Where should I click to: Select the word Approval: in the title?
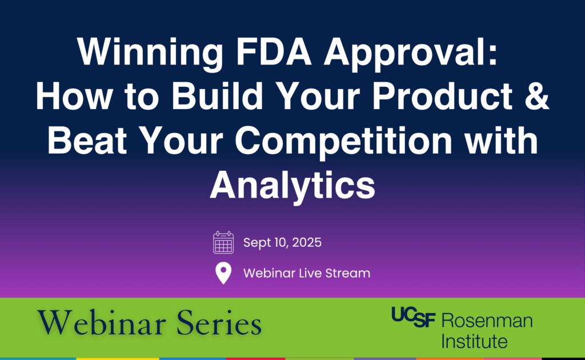410,53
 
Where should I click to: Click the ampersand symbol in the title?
537,95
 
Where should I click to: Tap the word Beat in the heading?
87,140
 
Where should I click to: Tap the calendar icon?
223,242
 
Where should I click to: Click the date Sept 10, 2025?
282,242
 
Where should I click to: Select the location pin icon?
223,273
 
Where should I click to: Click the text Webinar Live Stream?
307,273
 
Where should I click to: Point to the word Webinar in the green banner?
102,323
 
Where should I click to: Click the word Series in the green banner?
219,323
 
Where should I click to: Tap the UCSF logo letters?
414,317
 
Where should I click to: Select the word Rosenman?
487,321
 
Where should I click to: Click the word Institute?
474,341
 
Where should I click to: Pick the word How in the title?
74,95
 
